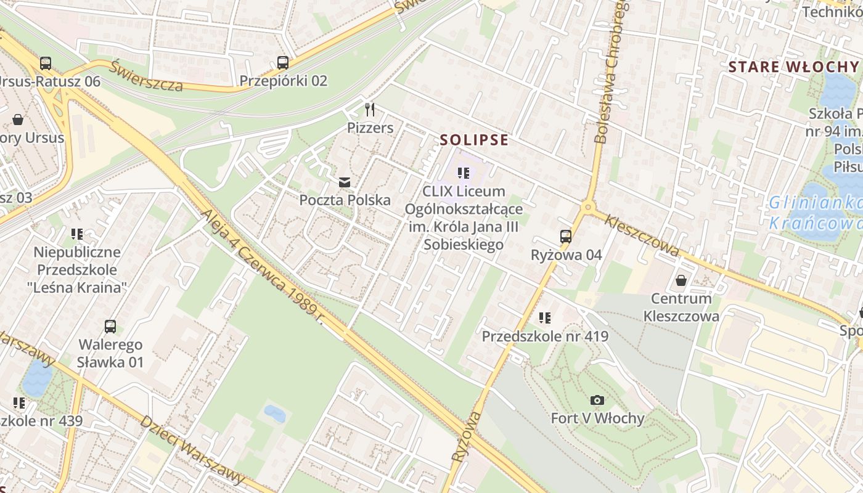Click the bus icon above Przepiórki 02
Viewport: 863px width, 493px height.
pos(282,62)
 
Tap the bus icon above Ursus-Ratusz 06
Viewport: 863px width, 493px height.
pos(45,63)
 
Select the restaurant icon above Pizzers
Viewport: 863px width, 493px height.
pos(370,110)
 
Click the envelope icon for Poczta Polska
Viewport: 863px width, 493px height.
pos(344,182)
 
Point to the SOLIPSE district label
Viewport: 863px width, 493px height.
pos(474,141)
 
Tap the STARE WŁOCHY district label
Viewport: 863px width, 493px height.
pos(793,67)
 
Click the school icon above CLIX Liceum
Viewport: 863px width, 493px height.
pos(464,174)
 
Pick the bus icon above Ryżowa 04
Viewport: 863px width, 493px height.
pos(565,237)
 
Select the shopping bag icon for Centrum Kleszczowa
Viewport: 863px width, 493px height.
pos(681,281)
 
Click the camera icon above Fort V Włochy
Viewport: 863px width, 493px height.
pos(596,401)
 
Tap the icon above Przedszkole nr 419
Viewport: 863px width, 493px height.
pos(544,318)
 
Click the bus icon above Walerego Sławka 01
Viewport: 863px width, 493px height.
pos(110,327)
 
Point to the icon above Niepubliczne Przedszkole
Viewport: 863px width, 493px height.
pos(76,234)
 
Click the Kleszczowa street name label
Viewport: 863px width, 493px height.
pos(642,235)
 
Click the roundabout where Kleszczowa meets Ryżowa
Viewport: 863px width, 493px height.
pos(587,208)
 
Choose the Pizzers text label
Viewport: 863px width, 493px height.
pos(370,128)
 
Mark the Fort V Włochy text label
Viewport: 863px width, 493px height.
pos(597,418)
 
